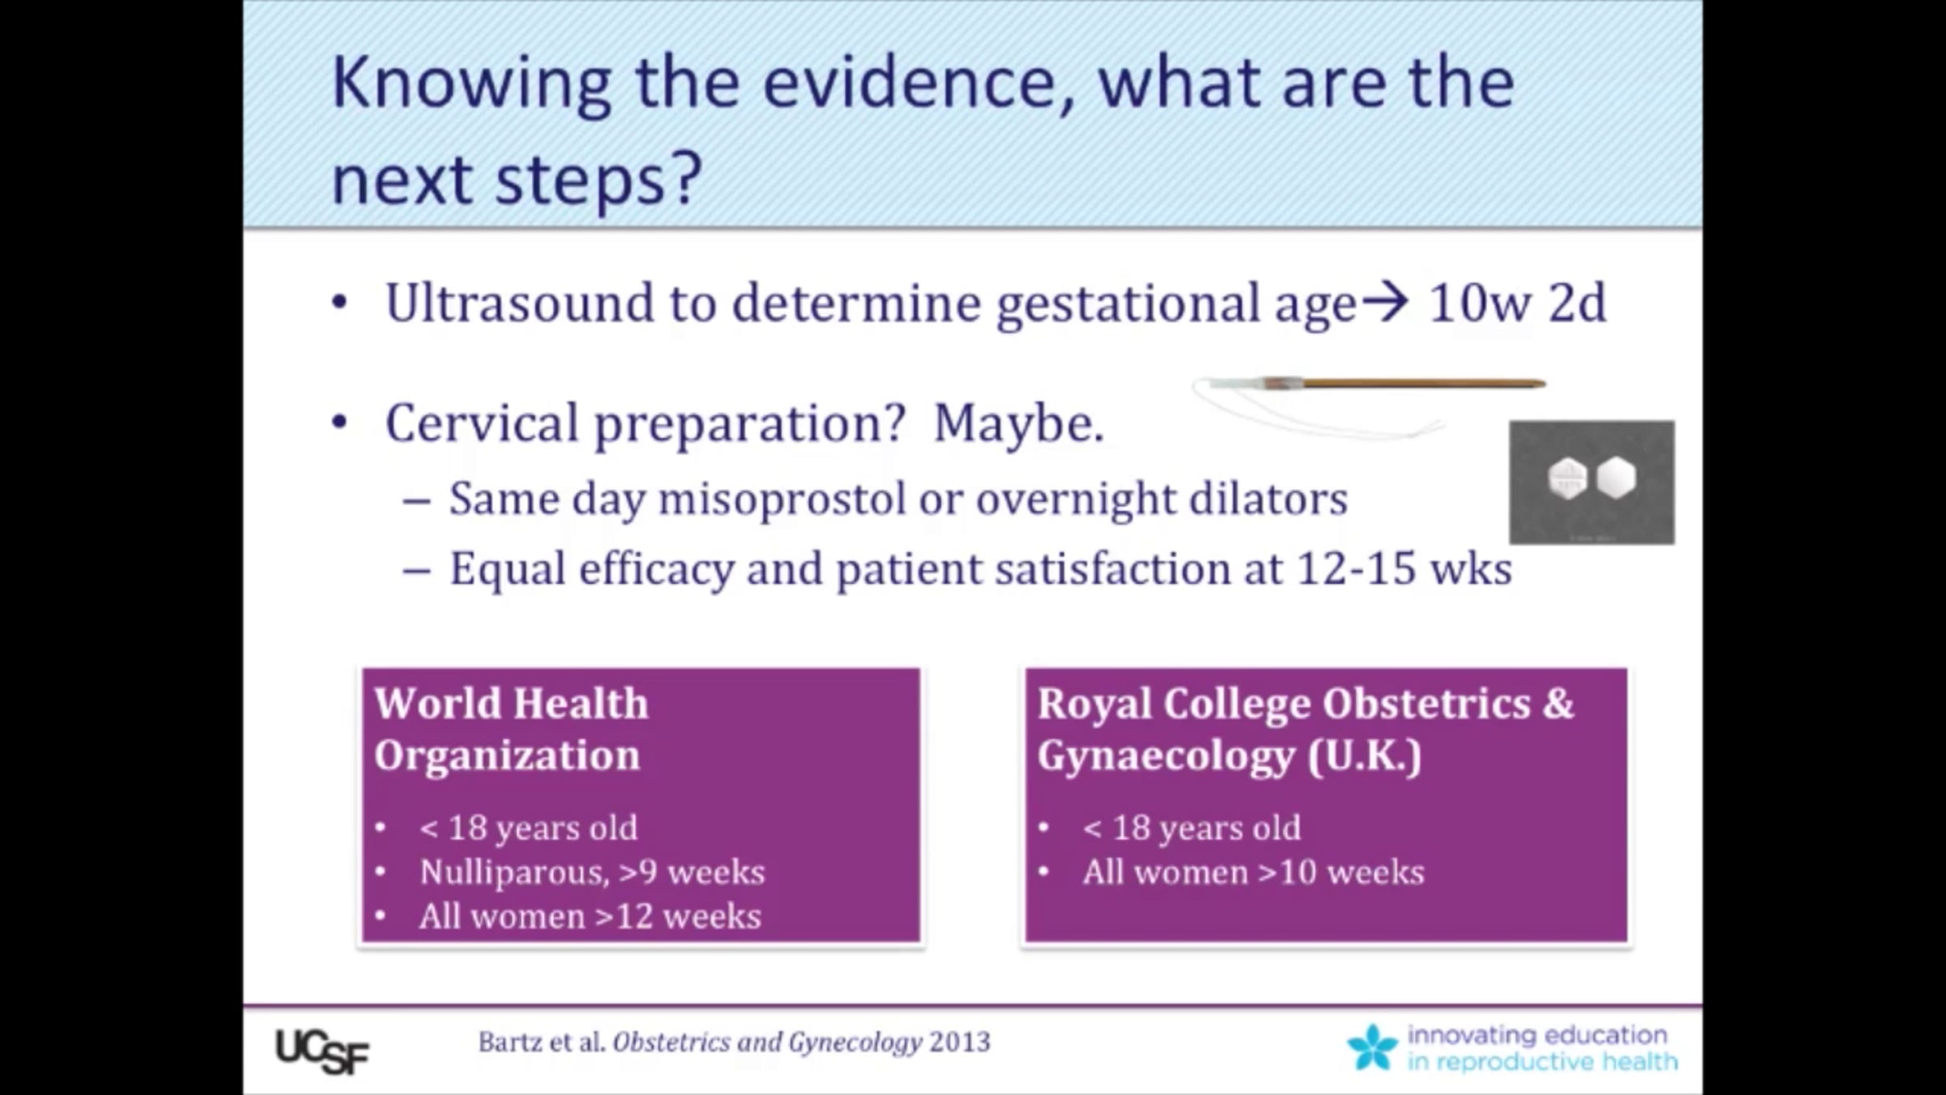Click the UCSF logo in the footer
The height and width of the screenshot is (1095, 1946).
[322, 1051]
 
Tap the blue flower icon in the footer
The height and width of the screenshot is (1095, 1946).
[1373, 1047]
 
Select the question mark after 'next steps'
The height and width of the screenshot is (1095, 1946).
[687, 178]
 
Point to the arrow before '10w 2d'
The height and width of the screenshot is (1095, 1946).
[1384, 303]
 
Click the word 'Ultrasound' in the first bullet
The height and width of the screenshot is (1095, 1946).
[520, 303]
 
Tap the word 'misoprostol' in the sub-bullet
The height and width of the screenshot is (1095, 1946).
[782, 499]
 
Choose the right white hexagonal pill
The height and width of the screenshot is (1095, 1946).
[1615, 477]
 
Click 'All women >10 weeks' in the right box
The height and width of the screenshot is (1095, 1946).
[1254, 873]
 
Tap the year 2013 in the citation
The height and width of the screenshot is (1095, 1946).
[960, 1042]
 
